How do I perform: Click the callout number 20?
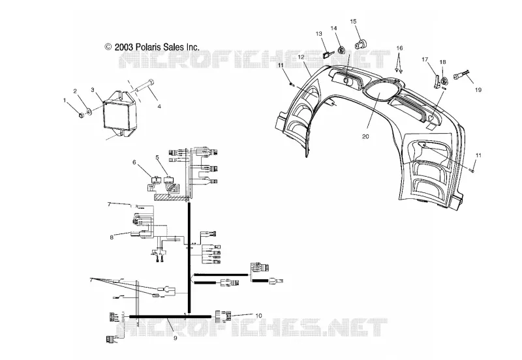[365, 137]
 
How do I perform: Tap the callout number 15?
[353, 22]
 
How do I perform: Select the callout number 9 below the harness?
[175, 338]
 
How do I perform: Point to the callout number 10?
[258, 316]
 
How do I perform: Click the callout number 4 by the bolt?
[159, 106]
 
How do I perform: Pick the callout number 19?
[478, 90]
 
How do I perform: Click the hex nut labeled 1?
[81, 115]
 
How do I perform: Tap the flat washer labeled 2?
[89, 111]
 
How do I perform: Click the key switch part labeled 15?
[360, 44]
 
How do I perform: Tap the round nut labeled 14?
[341, 50]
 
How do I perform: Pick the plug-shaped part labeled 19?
[461, 77]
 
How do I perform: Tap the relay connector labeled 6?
[156, 179]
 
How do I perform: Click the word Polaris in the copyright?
[148, 47]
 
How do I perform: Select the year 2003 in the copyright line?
[124, 47]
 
